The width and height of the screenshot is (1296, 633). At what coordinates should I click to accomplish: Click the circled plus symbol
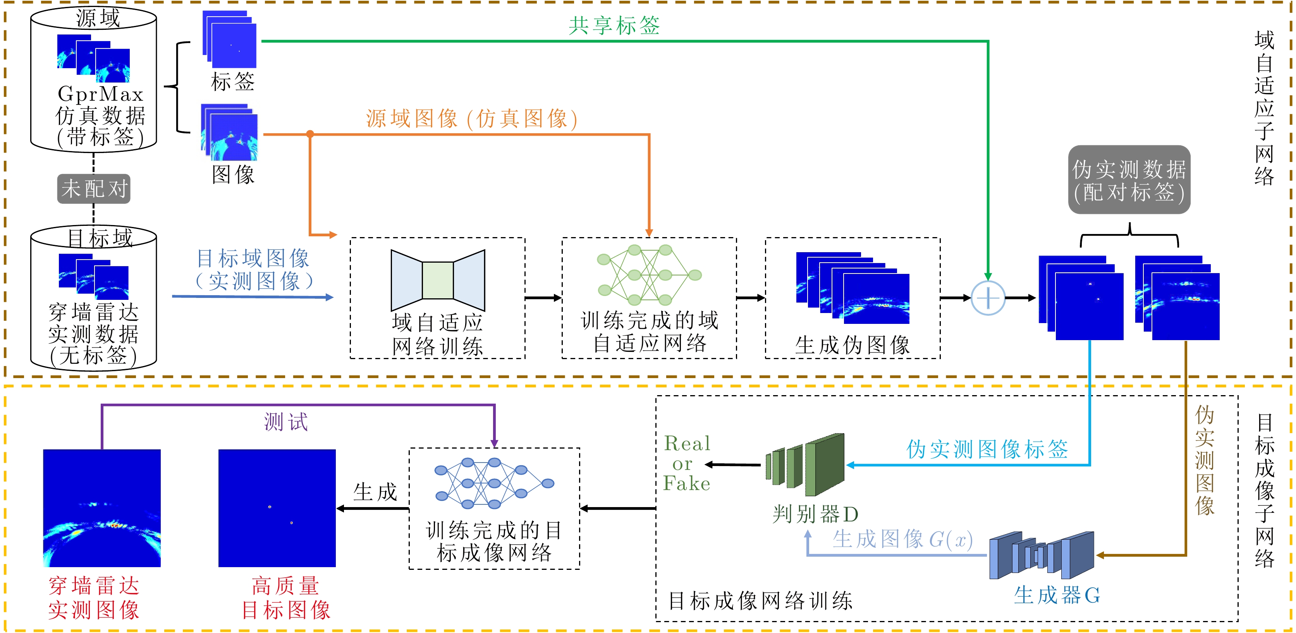(x=988, y=298)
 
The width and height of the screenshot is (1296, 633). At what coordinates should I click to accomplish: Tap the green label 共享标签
(x=614, y=25)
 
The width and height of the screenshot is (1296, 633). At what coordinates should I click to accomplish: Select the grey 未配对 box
(x=94, y=189)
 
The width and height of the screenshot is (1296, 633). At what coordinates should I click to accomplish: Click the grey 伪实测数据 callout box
(x=1129, y=180)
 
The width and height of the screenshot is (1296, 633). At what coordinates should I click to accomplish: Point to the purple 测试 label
(x=286, y=421)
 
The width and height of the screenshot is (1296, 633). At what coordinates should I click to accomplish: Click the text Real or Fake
(x=687, y=463)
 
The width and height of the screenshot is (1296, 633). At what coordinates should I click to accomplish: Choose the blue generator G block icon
(x=1042, y=556)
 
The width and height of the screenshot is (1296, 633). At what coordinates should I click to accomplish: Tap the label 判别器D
(x=815, y=514)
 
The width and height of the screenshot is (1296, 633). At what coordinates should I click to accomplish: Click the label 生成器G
(x=1057, y=595)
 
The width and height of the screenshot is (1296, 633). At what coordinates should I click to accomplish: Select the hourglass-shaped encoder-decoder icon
(x=438, y=280)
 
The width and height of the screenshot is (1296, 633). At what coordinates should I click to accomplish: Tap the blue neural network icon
(x=494, y=483)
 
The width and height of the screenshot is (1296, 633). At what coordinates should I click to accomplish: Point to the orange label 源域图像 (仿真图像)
(x=471, y=119)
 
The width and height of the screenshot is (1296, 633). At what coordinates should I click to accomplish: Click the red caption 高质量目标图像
(x=286, y=598)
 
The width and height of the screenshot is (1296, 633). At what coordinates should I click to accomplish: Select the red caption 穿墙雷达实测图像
(x=94, y=598)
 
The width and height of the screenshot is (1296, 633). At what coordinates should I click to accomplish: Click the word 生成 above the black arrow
(x=375, y=492)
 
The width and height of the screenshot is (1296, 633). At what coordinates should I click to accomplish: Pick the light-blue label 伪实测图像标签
(x=987, y=449)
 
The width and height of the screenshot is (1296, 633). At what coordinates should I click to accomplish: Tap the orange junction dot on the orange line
(x=310, y=134)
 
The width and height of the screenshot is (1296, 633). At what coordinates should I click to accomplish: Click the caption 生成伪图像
(x=852, y=345)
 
